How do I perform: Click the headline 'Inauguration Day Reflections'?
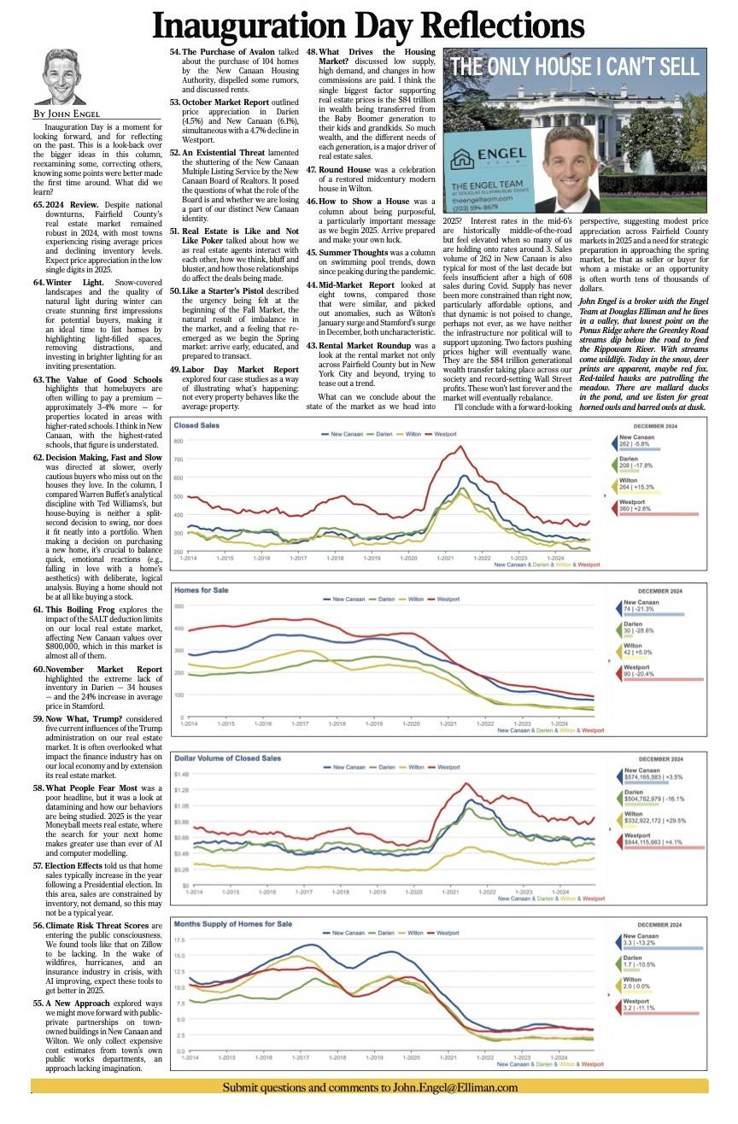coord(368,26)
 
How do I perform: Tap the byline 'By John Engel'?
coord(67,114)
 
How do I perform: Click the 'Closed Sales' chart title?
coord(198,425)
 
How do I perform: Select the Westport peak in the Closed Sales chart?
coord(460,447)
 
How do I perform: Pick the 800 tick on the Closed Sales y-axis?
coord(179,441)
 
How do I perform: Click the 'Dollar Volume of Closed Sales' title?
coord(227,758)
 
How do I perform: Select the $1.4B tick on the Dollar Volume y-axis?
coord(181,774)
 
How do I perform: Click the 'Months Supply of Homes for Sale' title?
coord(232,924)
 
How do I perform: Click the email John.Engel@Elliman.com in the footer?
coord(455,1087)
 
